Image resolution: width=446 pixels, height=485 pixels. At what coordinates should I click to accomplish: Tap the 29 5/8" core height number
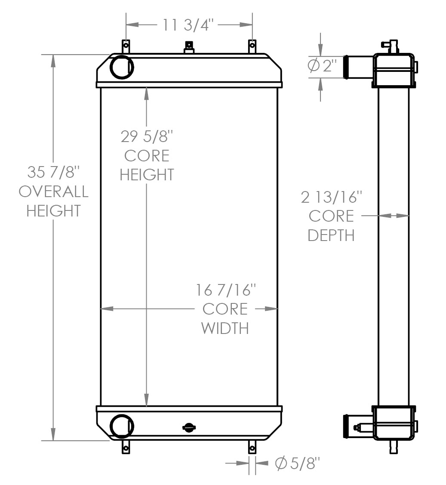[x=146, y=137]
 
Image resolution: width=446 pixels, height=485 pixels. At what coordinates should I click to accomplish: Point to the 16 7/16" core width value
[x=226, y=290]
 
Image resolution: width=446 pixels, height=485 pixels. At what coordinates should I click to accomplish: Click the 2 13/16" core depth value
[x=331, y=197]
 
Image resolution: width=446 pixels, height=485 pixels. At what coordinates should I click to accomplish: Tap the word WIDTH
[x=225, y=328]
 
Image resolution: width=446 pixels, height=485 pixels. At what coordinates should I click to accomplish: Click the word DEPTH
[x=331, y=235]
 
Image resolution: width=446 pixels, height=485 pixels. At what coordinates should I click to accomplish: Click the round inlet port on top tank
[x=122, y=67]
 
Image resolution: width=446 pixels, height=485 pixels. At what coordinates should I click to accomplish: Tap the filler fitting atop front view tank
[x=188, y=47]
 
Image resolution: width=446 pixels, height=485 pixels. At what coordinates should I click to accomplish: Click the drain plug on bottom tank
[x=188, y=427]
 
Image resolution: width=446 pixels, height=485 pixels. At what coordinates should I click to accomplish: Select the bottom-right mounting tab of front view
[x=252, y=447]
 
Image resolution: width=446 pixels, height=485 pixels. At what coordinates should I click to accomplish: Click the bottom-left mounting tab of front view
[x=126, y=447]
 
